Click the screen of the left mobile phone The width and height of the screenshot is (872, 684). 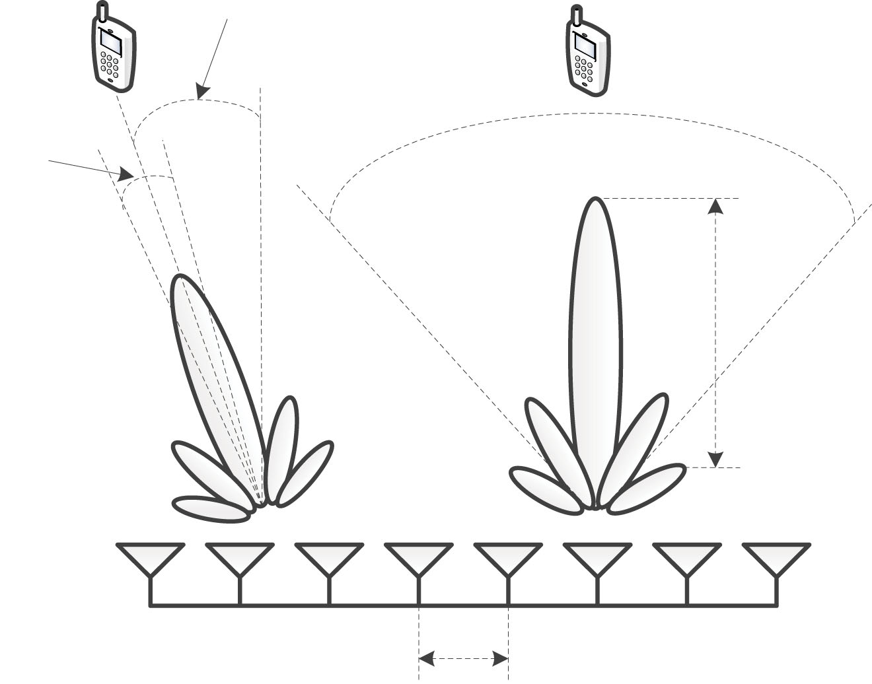[110, 42]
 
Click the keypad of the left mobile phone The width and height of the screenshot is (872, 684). [109, 67]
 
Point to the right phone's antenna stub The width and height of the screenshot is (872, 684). [575, 15]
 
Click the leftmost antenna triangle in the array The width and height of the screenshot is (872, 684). [150, 557]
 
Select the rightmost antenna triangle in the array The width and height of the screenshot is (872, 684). [776, 557]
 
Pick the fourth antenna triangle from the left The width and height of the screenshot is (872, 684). [418, 557]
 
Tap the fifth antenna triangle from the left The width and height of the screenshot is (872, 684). [507, 557]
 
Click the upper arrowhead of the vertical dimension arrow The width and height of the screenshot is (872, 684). [715, 207]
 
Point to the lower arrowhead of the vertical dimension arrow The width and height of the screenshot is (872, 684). [715, 459]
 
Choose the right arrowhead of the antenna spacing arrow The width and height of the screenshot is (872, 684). [500, 658]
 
